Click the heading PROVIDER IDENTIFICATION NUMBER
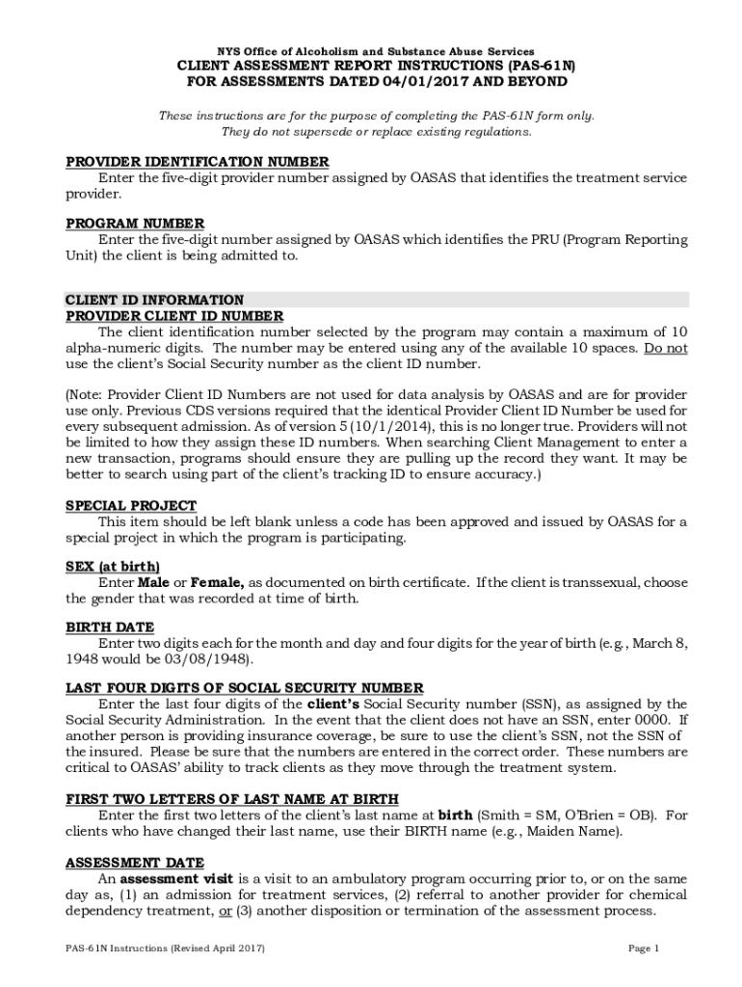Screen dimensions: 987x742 click(197, 161)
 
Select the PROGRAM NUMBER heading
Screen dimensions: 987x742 click(135, 223)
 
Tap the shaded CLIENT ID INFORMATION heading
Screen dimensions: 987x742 click(154, 300)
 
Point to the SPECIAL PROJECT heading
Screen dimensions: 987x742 click(131, 505)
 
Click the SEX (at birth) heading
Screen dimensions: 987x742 click(113, 566)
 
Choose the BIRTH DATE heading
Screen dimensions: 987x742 click(110, 627)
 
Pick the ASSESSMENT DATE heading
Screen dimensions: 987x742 click(134, 863)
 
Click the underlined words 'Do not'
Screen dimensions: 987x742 click(665, 349)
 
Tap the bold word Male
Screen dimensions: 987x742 click(153, 582)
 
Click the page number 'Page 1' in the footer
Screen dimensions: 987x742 click(644, 948)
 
